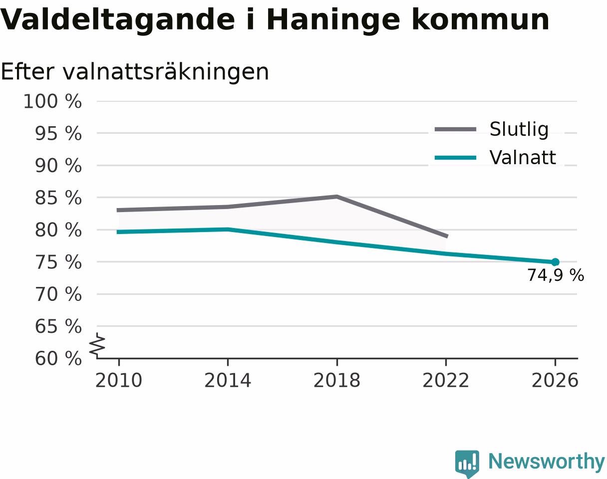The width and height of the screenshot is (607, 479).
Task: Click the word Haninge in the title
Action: click(333, 20)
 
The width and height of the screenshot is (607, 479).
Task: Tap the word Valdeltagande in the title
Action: click(117, 20)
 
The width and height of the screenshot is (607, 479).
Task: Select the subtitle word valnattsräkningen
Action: click(166, 72)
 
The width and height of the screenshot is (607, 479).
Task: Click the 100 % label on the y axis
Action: click(52, 101)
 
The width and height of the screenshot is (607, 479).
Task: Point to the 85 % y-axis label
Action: click(58, 198)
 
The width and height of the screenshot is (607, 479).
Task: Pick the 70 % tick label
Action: click(58, 294)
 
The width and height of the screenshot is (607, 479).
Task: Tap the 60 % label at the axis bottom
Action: click(58, 359)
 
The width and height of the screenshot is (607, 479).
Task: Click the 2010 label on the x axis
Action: click(119, 381)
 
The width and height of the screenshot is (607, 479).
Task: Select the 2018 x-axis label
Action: click(337, 381)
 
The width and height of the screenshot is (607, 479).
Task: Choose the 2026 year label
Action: click(555, 381)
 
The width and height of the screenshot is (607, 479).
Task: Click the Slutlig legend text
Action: click(519, 130)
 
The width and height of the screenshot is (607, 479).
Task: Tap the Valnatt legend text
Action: click(523, 157)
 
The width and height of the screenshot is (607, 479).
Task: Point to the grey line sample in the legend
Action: click(456, 129)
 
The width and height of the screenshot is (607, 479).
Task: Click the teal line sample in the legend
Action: click(456, 158)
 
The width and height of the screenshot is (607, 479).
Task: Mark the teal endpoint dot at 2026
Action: click(555, 262)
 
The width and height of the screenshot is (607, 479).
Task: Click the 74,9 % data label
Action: click(556, 275)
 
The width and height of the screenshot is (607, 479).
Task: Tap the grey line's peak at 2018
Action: click(337, 197)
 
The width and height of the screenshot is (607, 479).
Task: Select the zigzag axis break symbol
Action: click(97, 344)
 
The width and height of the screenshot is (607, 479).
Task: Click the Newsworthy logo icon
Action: click(467, 464)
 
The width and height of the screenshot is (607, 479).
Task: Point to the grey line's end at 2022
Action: click(447, 236)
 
